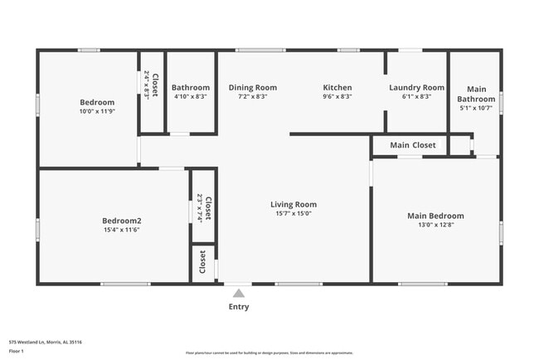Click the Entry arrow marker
pos(239,293)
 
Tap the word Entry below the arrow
pos(239,307)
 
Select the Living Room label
pos(294,204)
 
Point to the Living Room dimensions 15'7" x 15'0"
pos(294,213)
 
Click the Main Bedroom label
pos(435,216)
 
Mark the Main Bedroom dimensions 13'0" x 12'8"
pos(435,225)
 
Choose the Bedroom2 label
pos(122,221)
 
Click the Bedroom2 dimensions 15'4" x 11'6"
pos(122,230)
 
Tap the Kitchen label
pos(337,87)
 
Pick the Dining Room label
pos(253,87)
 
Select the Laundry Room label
pos(416,87)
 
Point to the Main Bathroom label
pos(477,94)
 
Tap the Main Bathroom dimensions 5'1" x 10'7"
pos(477,108)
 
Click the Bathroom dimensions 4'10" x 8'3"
pos(191,96)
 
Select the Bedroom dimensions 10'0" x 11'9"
pos(97,111)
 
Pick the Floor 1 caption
pos(17,351)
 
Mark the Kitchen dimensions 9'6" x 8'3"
pos(337,96)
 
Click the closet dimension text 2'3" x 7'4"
pos(199,207)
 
